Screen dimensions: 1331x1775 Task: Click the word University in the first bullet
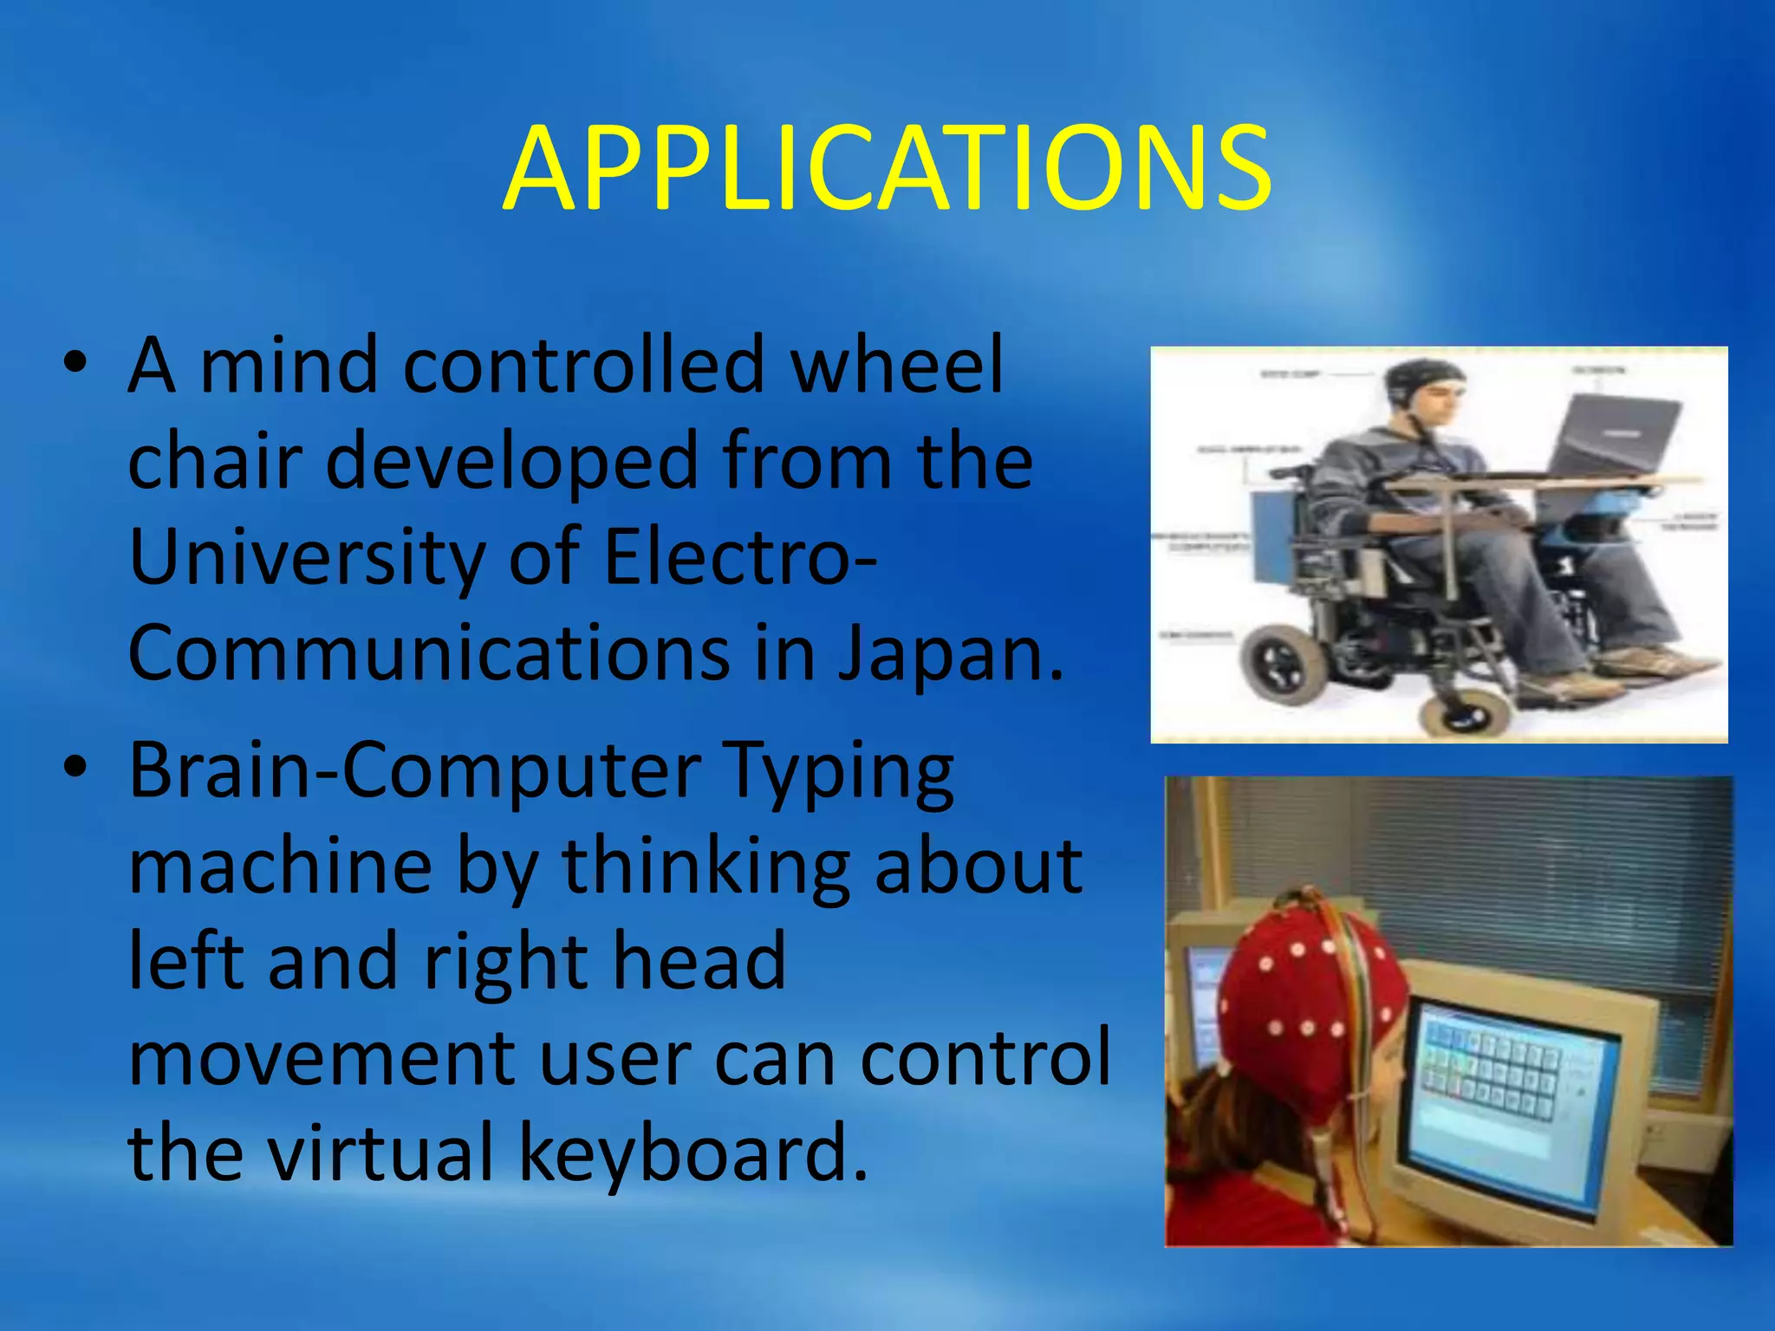305,557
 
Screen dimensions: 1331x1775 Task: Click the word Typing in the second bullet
839,771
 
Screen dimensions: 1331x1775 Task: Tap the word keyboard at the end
693,1152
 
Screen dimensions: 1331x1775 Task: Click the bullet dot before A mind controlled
76,364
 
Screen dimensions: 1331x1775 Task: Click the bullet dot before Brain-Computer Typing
76,768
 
